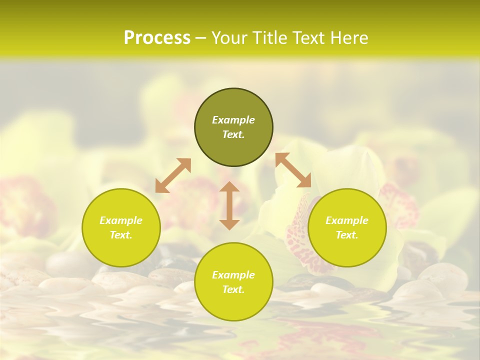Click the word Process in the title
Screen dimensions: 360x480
pyautogui.click(x=157, y=38)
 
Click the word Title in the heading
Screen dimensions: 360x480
pyautogui.click(x=269, y=38)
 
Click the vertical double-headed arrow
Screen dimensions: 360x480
pyautogui.click(x=229, y=205)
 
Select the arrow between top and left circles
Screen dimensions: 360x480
pyautogui.click(x=173, y=175)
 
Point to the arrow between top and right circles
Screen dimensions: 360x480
pyautogui.click(x=293, y=170)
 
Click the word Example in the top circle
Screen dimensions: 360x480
pyautogui.click(x=233, y=120)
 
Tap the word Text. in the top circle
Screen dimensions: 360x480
pyautogui.click(x=233, y=134)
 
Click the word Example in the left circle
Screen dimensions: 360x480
pyautogui.click(x=121, y=220)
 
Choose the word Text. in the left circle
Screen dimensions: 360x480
pyautogui.click(x=121, y=235)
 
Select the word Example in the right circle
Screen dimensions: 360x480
pyautogui.click(x=347, y=220)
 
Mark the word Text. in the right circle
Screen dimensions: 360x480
pyautogui.click(x=347, y=235)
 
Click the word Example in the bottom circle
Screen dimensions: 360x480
pyautogui.click(x=233, y=275)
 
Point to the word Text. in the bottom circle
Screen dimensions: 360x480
pyautogui.click(x=233, y=289)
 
